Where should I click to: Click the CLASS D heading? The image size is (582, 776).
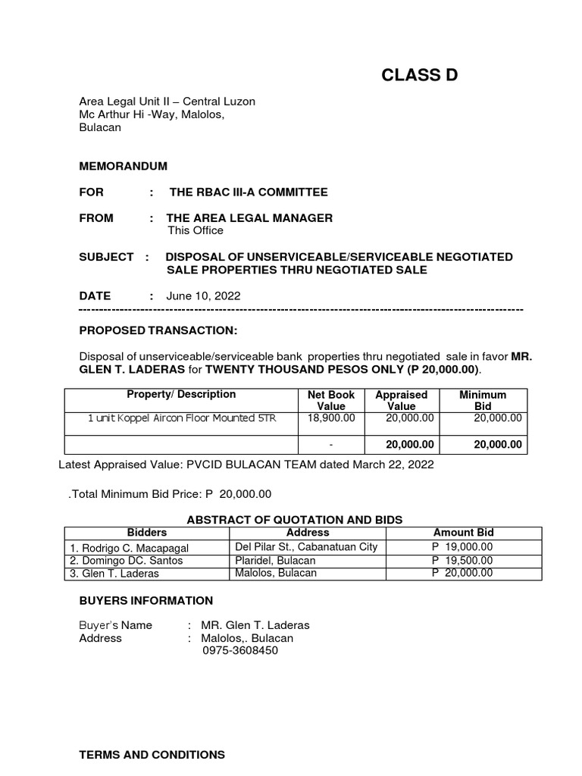click(x=419, y=75)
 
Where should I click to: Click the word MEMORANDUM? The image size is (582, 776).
click(x=123, y=166)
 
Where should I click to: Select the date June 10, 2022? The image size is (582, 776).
click(x=203, y=296)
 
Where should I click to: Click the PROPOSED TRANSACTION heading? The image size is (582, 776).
click(x=158, y=330)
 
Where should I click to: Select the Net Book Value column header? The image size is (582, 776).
click(x=330, y=400)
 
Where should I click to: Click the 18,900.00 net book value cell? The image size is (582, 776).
click(x=330, y=418)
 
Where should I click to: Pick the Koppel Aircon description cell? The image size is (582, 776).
click(x=182, y=418)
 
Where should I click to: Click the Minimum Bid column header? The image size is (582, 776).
click(x=483, y=400)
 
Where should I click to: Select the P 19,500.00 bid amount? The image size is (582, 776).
click(x=462, y=560)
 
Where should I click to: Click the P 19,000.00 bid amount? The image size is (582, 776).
click(x=462, y=547)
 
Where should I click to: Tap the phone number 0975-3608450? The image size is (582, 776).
click(x=239, y=650)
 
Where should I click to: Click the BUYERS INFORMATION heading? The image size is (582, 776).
click(x=146, y=601)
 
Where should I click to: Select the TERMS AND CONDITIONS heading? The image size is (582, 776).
click(x=152, y=755)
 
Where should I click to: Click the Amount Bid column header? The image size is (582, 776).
click(x=463, y=533)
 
